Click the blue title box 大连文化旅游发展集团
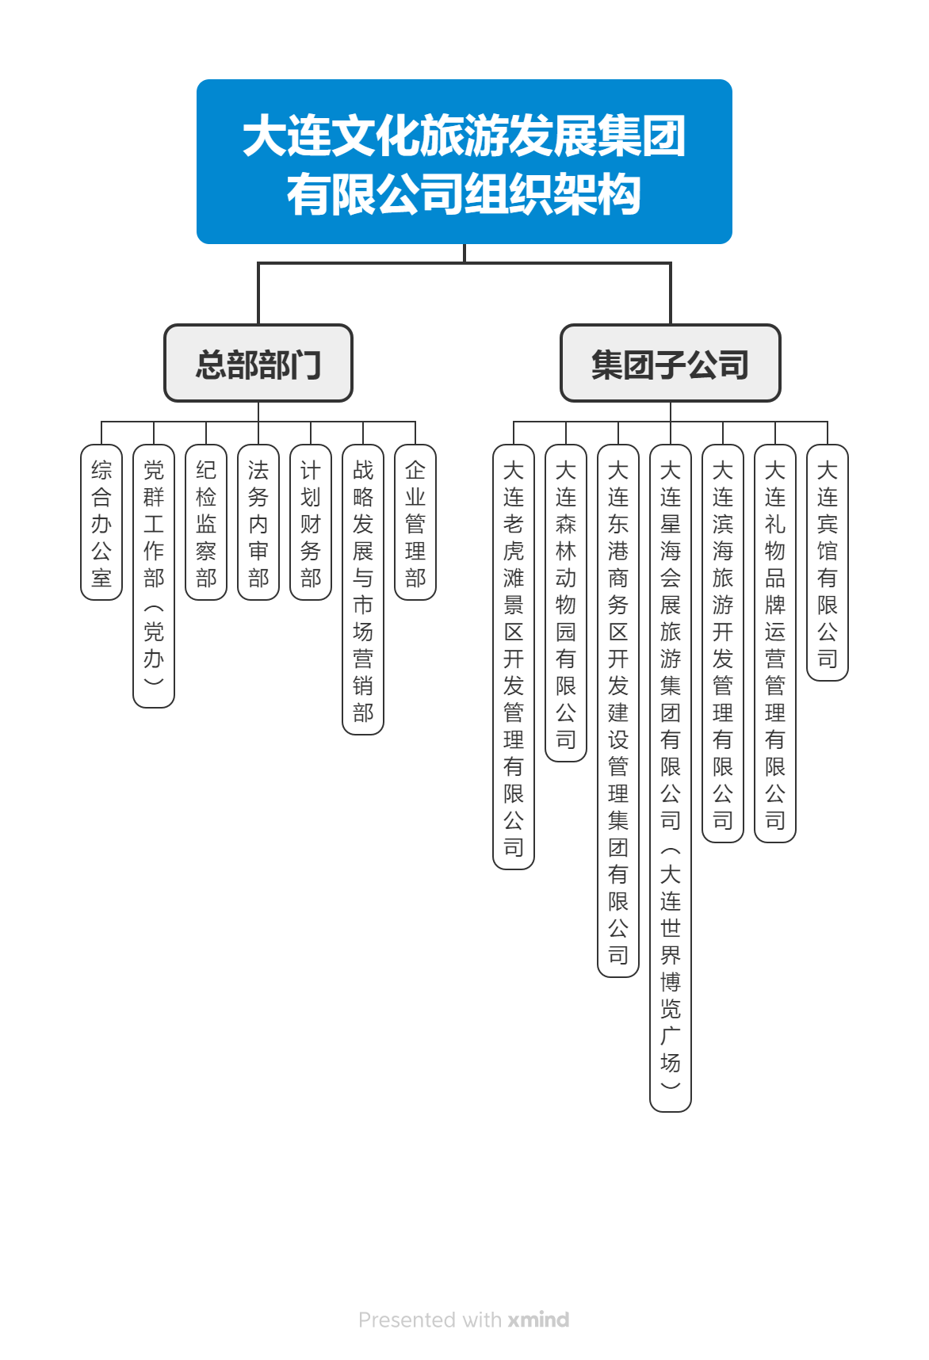(x=464, y=162)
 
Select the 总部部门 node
(x=258, y=363)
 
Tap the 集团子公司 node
(x=671, y=363)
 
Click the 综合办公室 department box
(x=101, y=522)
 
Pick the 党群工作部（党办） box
(x=154, y=576)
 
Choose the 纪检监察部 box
(x=206, y=522)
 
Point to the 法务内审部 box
(x=258, y=522)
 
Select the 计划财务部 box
(x=311, y=522)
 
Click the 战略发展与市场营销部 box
(x=363, y=590)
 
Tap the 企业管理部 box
(x=415, y=522)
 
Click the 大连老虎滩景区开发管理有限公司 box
(x=514, y=657)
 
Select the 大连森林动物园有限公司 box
(x=566, y=603)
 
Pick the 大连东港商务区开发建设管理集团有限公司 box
(x=618, y=711)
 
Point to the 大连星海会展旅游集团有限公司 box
(x=671, y=778)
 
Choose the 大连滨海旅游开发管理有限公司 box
(x=723, y=644)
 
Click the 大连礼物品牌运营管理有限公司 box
(x=775, y=644)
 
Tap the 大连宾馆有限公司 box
(x=828, y=563)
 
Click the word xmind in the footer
(x=538, y=1320)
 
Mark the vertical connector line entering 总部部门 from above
(x=258, y=293)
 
